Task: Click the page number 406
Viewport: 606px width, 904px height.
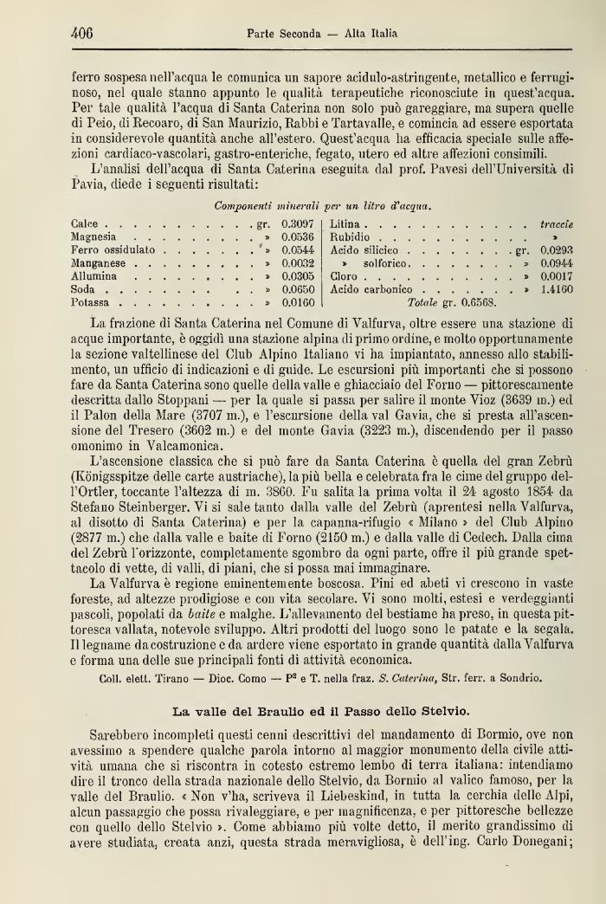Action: click(x=81, y=34)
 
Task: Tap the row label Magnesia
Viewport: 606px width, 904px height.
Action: click(x=94, y=236)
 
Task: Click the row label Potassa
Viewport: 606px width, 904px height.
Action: click(x=92, y=303)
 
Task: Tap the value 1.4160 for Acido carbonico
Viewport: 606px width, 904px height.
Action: click(x=557, y=289)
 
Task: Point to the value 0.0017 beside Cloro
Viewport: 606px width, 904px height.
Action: click(x=557, y=276)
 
